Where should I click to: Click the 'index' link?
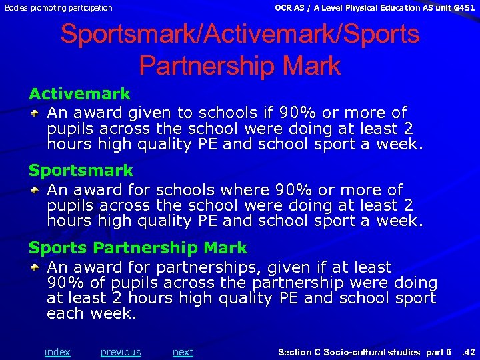57,352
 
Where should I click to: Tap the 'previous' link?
121,352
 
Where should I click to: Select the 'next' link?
183,352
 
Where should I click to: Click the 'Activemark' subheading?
79,94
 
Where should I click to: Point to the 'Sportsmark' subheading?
81,171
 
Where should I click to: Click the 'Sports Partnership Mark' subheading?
137,248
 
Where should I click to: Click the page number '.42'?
468,352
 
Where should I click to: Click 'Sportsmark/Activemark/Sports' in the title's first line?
240,35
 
